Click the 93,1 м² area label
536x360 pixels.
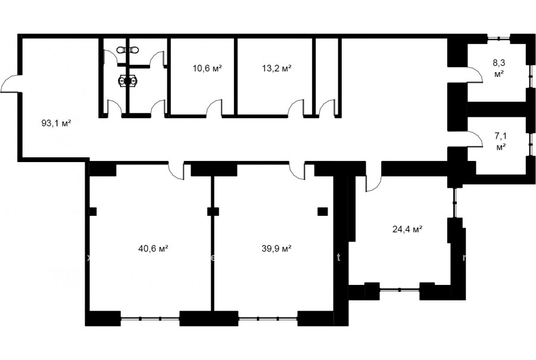pyautogui.click(x=56, y=123)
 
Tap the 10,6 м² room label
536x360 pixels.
pyautogui.click(x=207, y=68)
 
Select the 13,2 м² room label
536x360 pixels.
pyautogui.click(x=277, y=68)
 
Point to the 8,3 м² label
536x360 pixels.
pyautogui.click(x=499, y=68)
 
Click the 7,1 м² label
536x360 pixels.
pyautogui.click(x=501, y=142)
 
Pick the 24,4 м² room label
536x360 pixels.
pyautogui.click(x=407, y=229)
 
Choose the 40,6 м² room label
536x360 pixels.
pyautogui.click(x=153, y=249)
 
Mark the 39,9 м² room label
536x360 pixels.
pyautogui.click(x=276, y=249)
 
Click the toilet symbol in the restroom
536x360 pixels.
pyautogui.click(x=127, y=50)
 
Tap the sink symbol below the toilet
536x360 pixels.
pyautogui.click(x=128, y=80)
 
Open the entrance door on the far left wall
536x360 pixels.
pyautogui.click(x=10, y=84)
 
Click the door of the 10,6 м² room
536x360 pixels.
pyautogui.click(x=214, y=108)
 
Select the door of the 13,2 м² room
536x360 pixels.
pyautogui.click(x=296, y=108)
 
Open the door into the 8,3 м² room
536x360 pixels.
pyautogui.click(x=475, y=75)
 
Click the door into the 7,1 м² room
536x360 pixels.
pyautogui.click(x=475, y=139)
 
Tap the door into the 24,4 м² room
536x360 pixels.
pyautogui.click(x=373, y=183)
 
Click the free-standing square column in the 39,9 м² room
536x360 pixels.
pyautogui.click(x=322, y=212)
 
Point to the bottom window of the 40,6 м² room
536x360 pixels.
pyautogui.click(x=150, y=319)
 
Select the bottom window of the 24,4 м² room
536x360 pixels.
pyautogui.click(x=400, y=290)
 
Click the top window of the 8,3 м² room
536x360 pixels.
pyautogui.click(x=498, y=38)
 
